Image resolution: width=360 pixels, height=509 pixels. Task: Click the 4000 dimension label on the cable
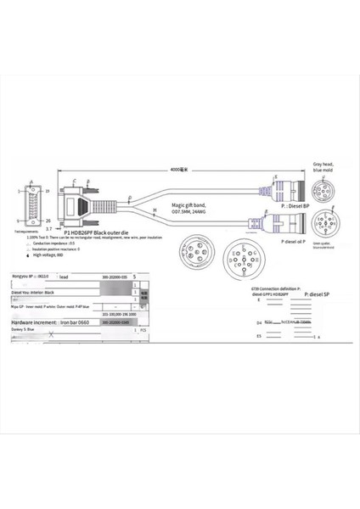(177, 170)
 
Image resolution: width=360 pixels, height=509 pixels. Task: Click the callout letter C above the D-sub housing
(74, 182)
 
